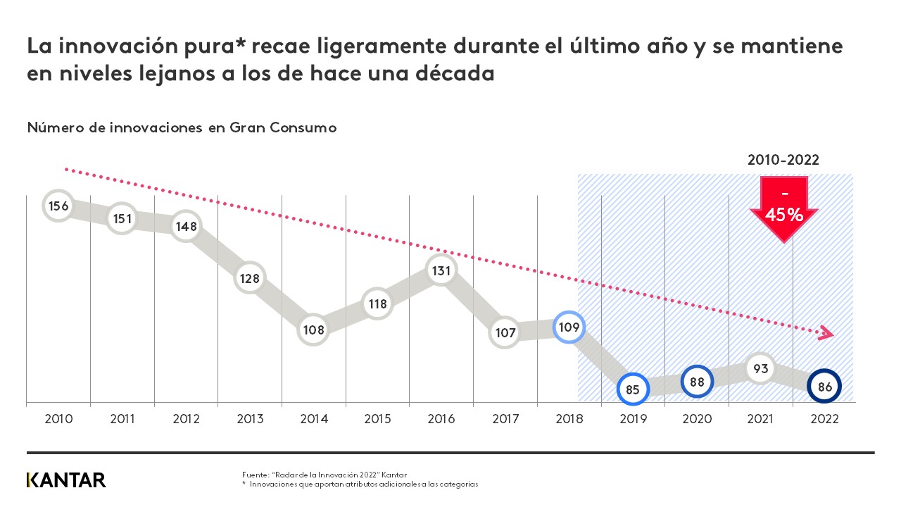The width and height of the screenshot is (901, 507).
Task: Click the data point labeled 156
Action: pyautogui.click(x=58, y=206)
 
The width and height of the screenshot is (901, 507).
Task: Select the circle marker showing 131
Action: pyautogui.click(x=441, y=270)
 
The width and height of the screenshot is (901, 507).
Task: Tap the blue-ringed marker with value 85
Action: pyautogui.click(x=632, y=389)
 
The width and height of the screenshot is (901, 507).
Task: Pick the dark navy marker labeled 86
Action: pyautogui.click(x=825, y=386)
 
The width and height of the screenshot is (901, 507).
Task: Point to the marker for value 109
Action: pyautogui.click(x=568, y=327)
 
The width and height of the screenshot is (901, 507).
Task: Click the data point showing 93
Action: pyautogui.click(x=760, y=368)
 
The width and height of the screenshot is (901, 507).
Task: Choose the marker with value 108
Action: pyautogui.click(x=313, y=329)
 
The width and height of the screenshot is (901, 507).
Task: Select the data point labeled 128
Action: pyautogui.click(x=249, y=278)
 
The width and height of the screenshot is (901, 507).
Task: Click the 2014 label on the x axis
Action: pyautogui.click(x=314, y=418)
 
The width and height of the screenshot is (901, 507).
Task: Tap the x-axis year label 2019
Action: pyautogui.click(x=634, y=418)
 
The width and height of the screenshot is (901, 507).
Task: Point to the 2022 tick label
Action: pyautogui.click(x=825, y=418)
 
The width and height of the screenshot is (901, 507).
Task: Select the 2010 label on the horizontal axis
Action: pyautogui.click(x=58, y=418)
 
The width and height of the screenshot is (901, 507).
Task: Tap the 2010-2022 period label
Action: pyautogui.click(x=783, y=160)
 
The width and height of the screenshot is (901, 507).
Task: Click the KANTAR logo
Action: pyautogui.click(x=66, y=480)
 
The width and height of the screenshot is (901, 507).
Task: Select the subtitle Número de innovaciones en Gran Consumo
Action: pyautogui.click(x=182, y=127)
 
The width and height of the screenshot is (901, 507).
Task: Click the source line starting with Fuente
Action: pyautogui.click(x=325, y=475)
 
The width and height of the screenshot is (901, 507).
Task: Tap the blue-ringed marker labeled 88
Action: pyautogui.click(x=697, y=382)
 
